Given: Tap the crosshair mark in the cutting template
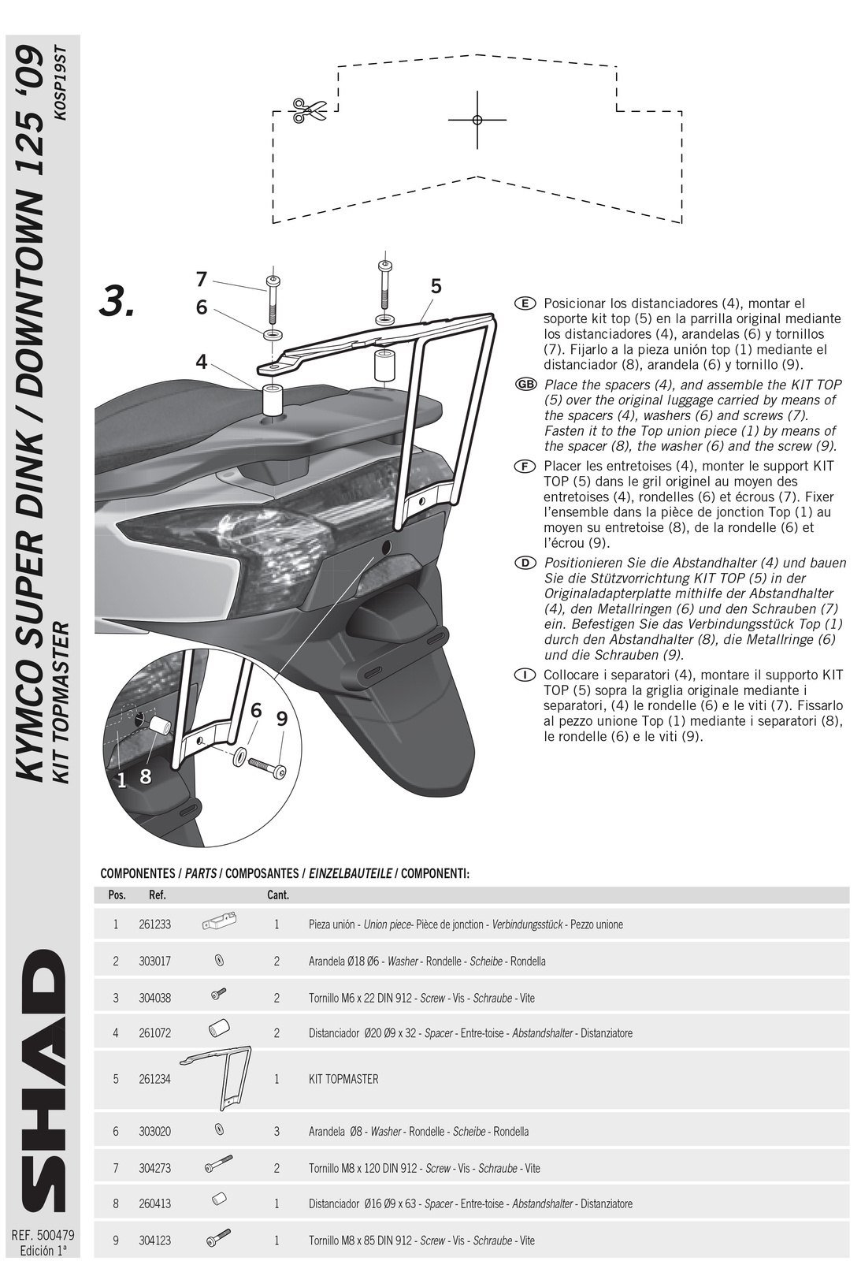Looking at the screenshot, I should [477, 120].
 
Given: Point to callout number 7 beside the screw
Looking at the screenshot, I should [202, 279].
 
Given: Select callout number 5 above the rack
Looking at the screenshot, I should [436, 287].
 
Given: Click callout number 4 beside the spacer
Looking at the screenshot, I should [202, 362].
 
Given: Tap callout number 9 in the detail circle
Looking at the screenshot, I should [282, 719].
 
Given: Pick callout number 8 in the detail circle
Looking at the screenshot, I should [146, 776].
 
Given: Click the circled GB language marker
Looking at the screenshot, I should [525, 385].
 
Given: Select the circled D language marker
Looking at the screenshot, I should [525, 563].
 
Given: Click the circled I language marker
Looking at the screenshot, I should [525, 675].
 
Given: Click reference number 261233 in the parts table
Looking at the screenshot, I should [154, 924].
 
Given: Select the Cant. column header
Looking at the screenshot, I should [278, 895].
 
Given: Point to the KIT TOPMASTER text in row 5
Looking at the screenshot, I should [343, 1079].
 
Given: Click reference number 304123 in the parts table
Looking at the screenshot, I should [154, 1241].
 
